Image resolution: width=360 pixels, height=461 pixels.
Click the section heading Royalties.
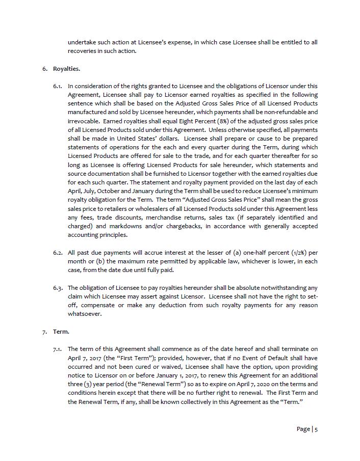(66, 69)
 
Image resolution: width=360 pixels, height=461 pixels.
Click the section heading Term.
(61, 332)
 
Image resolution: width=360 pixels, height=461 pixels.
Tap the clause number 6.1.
(58, 86)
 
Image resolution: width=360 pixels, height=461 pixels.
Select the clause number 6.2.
(58, 253)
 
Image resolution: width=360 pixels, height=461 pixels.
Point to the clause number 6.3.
(58, 288)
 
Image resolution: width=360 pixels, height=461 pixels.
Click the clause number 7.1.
(58, 349)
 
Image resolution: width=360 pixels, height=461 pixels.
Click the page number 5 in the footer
(316, 429)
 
